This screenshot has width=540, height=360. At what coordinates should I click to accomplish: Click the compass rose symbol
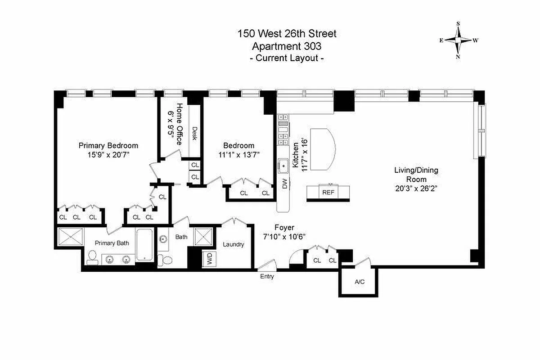click(459, 40)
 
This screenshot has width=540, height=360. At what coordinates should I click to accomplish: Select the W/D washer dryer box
click(209, 259)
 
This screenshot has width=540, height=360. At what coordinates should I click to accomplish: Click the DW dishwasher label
click(284, 184)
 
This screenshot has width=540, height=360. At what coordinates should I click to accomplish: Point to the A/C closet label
click(359, 282)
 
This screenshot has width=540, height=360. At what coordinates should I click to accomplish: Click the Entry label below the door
click(267, 277)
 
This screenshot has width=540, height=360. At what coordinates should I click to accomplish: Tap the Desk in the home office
click(194, 133)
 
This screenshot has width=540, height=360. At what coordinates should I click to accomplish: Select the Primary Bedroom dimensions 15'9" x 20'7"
click(108, 154)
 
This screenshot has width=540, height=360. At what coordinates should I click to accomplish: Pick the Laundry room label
click(234, 244)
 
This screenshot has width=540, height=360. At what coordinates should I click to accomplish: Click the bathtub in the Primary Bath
click(144, 246)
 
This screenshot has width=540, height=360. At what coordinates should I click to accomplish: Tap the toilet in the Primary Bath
click(93, 257)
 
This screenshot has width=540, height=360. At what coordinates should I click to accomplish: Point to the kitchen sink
click(283, 166)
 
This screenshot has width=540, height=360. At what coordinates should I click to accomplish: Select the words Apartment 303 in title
click(287, 46)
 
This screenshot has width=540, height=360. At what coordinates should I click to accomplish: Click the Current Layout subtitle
click(287, 58)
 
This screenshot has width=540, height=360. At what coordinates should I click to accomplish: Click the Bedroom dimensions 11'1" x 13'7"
click(238, 154)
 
